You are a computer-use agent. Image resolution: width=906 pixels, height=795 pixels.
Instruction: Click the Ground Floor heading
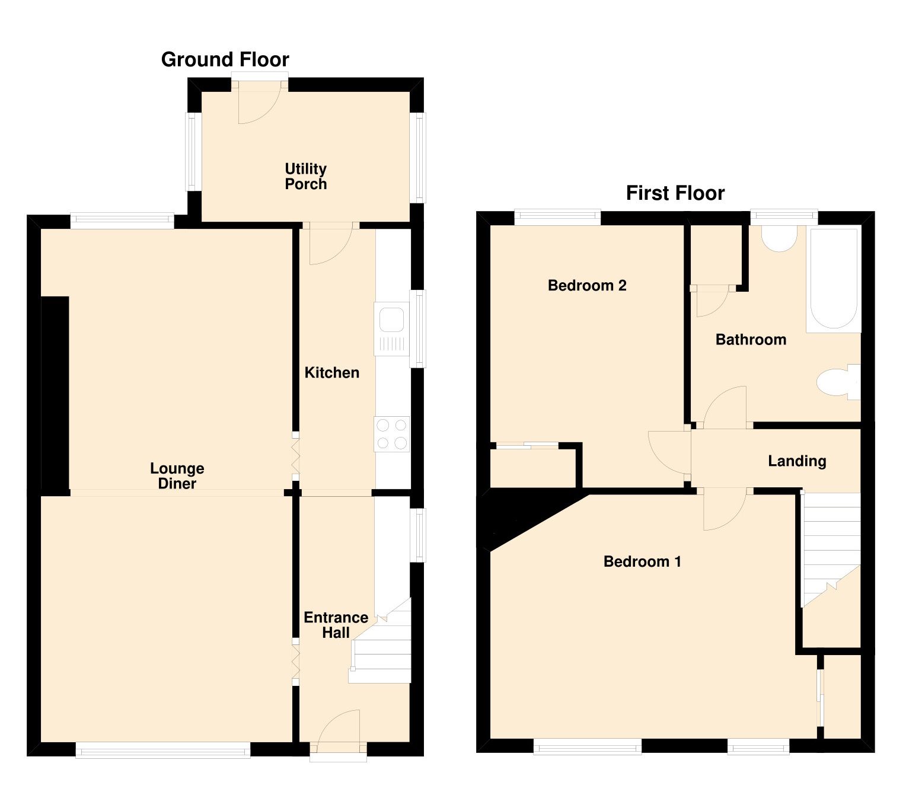pyautogui.click(x=225, y=60)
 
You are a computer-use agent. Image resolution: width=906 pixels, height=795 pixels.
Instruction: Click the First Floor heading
pyautogui.click(x=675, y=193)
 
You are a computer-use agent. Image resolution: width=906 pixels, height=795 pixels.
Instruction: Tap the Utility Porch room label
pyautogui.click(x=305, y=177)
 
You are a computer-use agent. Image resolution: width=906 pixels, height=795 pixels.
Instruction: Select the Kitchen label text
pyautogui.click(x=331, y=373)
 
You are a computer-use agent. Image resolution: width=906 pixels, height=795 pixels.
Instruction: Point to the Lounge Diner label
pyautogui.click(x=177, y=476)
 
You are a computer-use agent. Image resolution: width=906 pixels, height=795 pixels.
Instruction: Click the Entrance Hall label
pyautogui.click(x=336, y=625)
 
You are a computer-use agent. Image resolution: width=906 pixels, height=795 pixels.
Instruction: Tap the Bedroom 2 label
pyautogui.click(x=587, y=286)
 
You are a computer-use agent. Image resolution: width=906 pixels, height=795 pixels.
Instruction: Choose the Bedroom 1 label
pyautogui.click(x=642, y=561)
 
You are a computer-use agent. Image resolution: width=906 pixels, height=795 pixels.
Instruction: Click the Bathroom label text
pyautogui.click(x=751, y=340)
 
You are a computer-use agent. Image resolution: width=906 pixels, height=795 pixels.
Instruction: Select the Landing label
pyautogui.click(x=796, y=461)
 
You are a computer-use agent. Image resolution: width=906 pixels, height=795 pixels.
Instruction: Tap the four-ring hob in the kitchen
pyautogui.click(x=391, y=434)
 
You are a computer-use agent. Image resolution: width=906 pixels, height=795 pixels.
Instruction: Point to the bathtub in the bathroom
pyautogui.click(x=832, y=279)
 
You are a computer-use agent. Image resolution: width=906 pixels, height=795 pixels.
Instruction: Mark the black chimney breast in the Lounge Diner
pyautogui.click(x=55, y=394)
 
